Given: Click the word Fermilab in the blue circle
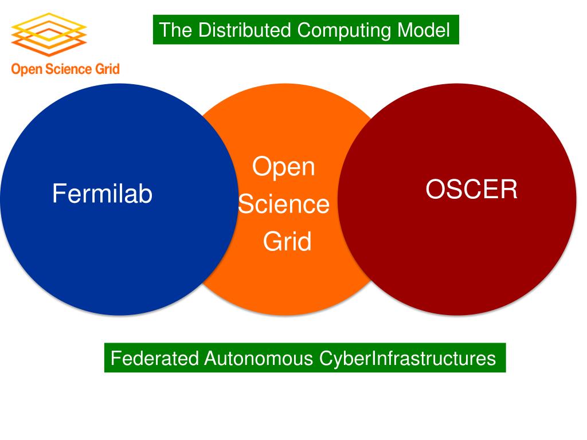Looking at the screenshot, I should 102,194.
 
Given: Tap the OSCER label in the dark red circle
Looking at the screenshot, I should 471,190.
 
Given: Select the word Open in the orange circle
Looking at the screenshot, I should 284,167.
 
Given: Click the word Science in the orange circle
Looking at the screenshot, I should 284,205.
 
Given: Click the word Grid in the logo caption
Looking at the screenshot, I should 107,70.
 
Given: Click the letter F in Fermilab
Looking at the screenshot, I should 58,194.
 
